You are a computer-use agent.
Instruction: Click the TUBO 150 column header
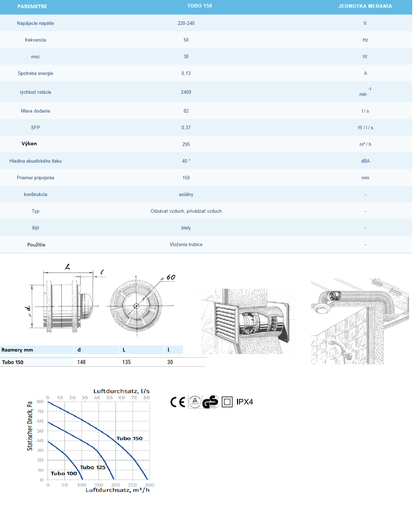(199, 6)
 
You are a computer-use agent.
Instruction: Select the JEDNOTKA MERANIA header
(365, 6)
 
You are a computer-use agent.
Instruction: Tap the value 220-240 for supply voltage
(186, 23)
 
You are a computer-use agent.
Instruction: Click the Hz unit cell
(365, 40)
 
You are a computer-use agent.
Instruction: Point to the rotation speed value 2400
(186, 92)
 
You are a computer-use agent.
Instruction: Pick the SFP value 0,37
(186, 127)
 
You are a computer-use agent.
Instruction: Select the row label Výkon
(29, 143)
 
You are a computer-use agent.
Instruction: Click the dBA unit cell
(365, 161)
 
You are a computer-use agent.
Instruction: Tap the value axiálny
(186, 194)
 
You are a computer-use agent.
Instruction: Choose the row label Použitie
(36, 245)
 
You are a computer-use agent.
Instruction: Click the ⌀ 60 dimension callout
(169, 277)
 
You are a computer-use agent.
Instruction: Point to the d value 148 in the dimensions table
(81, 362)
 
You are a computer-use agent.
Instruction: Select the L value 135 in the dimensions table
(126, 362)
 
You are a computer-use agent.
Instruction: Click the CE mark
(178, 402)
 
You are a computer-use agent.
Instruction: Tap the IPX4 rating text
(244, 402)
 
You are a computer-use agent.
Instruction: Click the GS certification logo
(210, 402)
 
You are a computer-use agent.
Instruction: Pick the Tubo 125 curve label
(93, 467)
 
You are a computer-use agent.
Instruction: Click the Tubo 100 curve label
(64, 473)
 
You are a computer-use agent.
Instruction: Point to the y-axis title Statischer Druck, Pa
(30, 426)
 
